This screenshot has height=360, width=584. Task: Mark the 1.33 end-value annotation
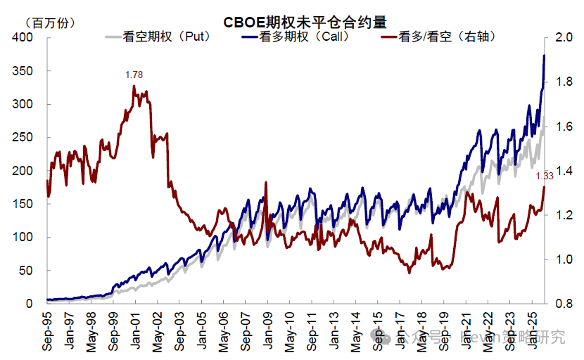[545, 176]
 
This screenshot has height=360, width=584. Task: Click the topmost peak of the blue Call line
[543, 56]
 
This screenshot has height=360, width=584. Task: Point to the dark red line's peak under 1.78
[134, 86]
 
